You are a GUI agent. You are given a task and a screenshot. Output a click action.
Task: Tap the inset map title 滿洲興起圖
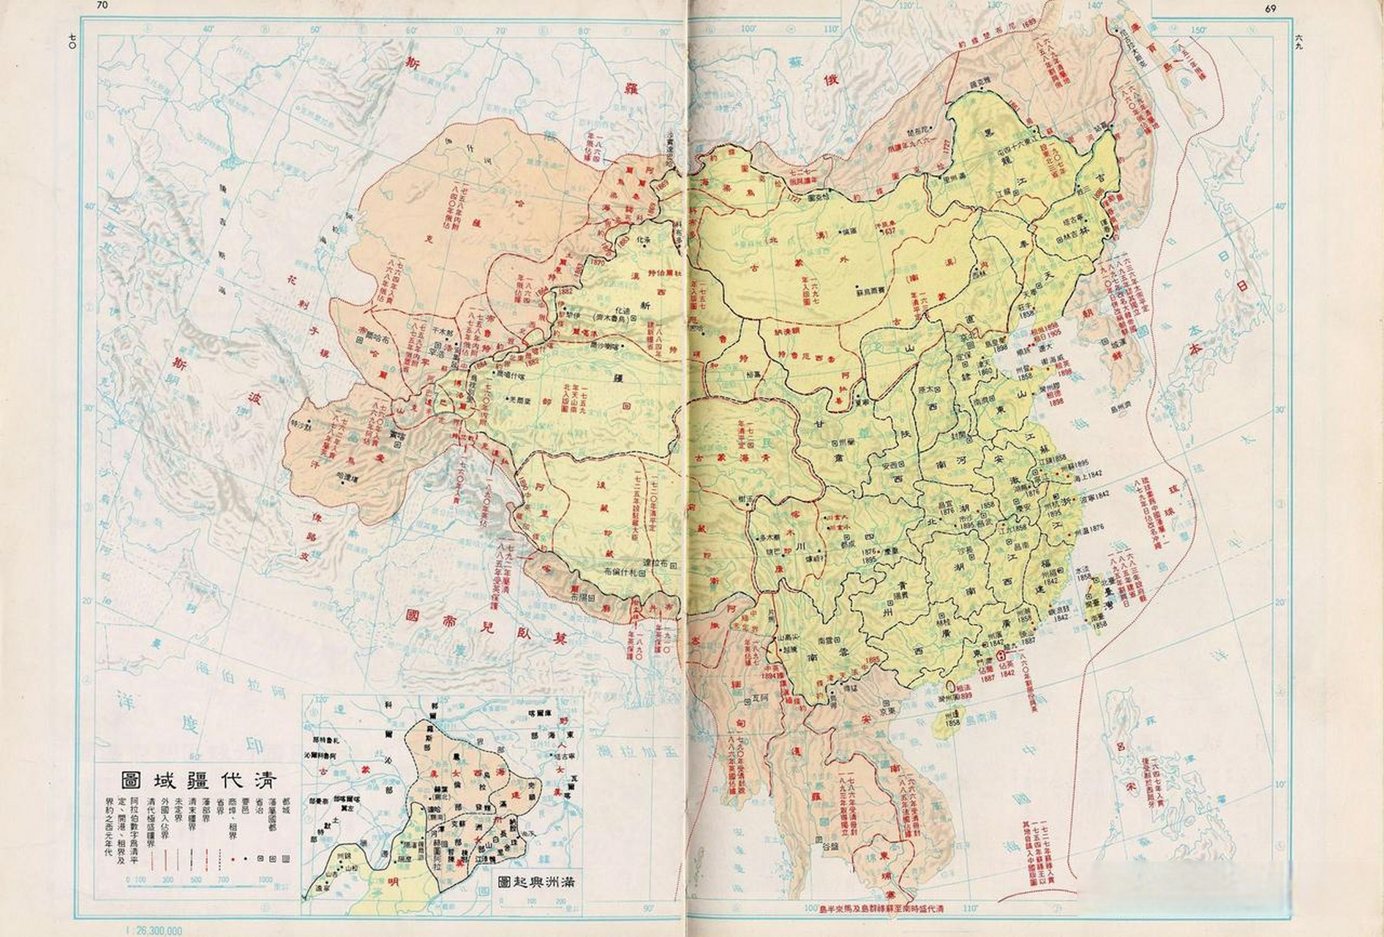pos(535,881)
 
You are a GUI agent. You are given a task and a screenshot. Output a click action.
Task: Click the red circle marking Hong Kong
pos(1001,657)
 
